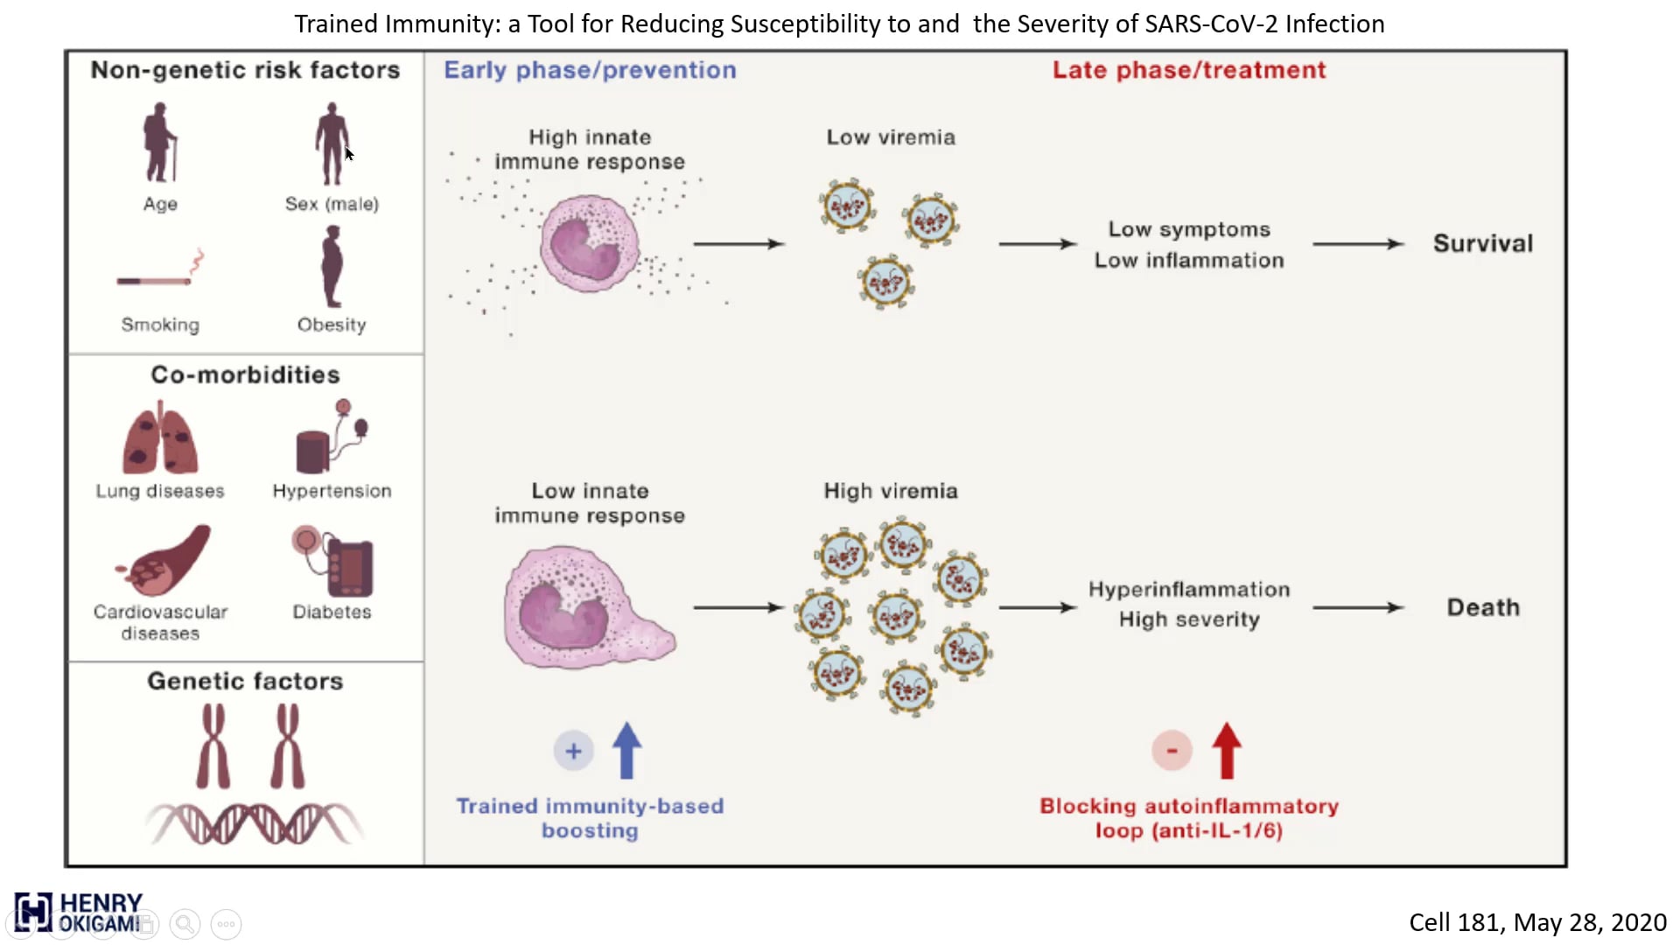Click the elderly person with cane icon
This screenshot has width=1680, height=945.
159,142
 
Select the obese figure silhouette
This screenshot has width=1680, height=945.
332,266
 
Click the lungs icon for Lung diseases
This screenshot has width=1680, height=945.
160,437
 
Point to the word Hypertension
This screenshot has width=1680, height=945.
332,491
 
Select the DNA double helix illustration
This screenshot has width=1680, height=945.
254,823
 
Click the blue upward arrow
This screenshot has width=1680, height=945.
626,750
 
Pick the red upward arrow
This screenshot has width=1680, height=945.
1227,750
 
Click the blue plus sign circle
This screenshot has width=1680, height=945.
573,751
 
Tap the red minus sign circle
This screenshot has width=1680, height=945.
1172,751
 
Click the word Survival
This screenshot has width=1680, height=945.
1483,243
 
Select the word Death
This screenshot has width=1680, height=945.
1483,607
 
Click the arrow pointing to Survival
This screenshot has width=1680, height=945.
1358,244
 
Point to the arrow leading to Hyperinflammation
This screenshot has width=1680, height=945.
1038,607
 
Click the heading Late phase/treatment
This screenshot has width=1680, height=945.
1189,70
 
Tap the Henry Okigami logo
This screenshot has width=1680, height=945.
78,913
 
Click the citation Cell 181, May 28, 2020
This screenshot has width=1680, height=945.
1537,922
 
